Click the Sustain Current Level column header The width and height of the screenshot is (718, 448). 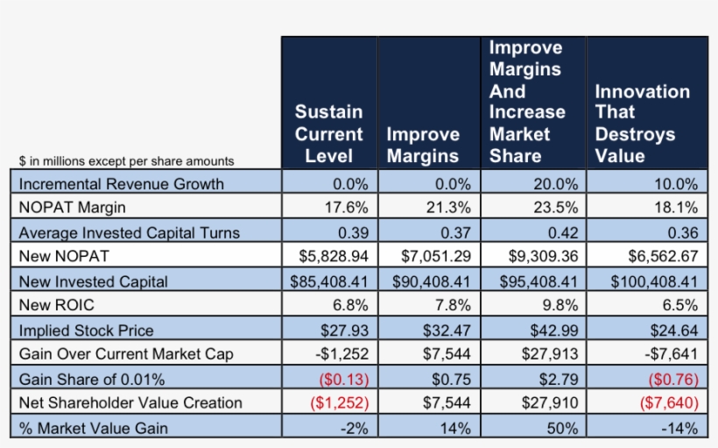click(x=328, y=134)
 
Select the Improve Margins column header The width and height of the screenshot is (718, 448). click(x=423, y=145)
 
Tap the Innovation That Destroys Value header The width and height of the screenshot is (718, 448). click(x=642, y=124)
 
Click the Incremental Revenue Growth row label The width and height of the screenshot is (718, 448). click(x=121, y=184)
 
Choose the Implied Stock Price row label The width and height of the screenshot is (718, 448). click(x=86, y=331)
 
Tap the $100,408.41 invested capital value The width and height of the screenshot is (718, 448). click(x=649, y=281)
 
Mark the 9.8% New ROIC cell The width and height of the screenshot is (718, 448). click(x=560, y=306)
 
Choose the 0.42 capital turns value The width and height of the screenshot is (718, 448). click(x=560, y=232)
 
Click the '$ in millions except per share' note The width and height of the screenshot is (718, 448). click(x=126, y=161)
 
